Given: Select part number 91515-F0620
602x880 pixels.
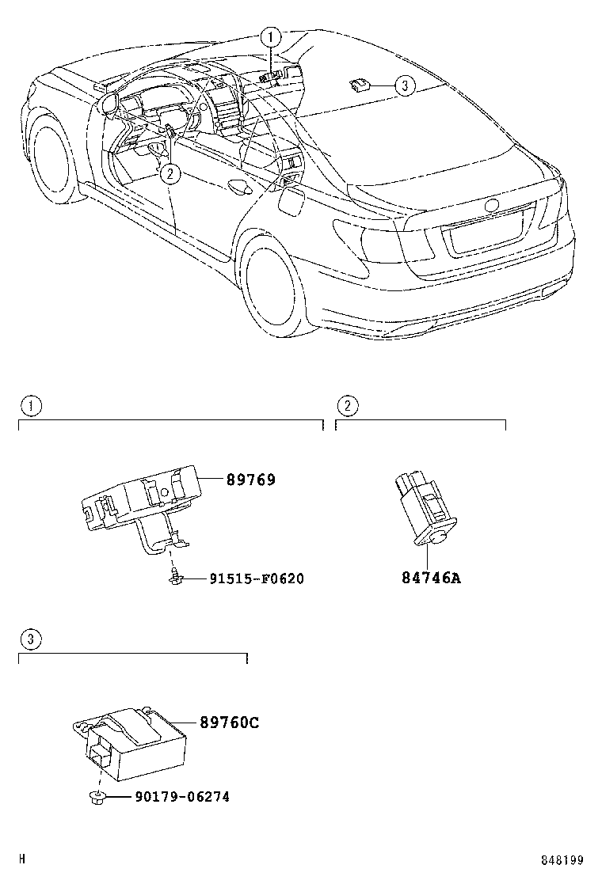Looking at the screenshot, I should pyautogui.click(x=257, y=579).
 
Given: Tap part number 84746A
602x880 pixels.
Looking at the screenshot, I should pyautogui.click(x=430, y=578).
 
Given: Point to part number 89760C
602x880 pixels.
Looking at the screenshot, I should pyautogui.click(x=230, y=723).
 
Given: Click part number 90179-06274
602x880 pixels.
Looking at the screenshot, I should pyautogui.click(x=170, y=797).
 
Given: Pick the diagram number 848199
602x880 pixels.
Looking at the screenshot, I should pyautogui.click(x=562, y=860).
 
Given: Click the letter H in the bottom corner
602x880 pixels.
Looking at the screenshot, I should pyautogui.click(x=22, y=859).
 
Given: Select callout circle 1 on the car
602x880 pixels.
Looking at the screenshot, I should pyautogui.click(x=270, y=36).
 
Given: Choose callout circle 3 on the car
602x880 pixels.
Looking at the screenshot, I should pyautogui.click(x=404, y=85).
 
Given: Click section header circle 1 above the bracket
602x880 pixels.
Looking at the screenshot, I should pyautogui.click(x=30, y=406).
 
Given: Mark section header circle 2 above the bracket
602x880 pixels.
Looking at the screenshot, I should pyautogui.click(x=347, y=406).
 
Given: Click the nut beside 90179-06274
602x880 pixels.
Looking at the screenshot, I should pyautogui.click(x=94, y=798).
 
